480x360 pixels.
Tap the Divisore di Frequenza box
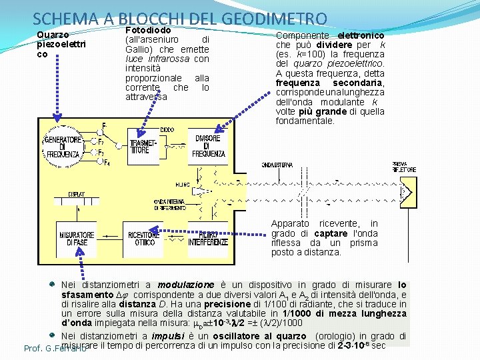pos(209,146)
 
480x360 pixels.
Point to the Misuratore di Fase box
pos(77,239)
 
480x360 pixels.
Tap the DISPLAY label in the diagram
pos(77,194)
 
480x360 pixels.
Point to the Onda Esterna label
pos(277,164)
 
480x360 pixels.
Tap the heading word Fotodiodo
pos(148,30)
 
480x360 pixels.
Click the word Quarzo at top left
pos(51,35)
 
